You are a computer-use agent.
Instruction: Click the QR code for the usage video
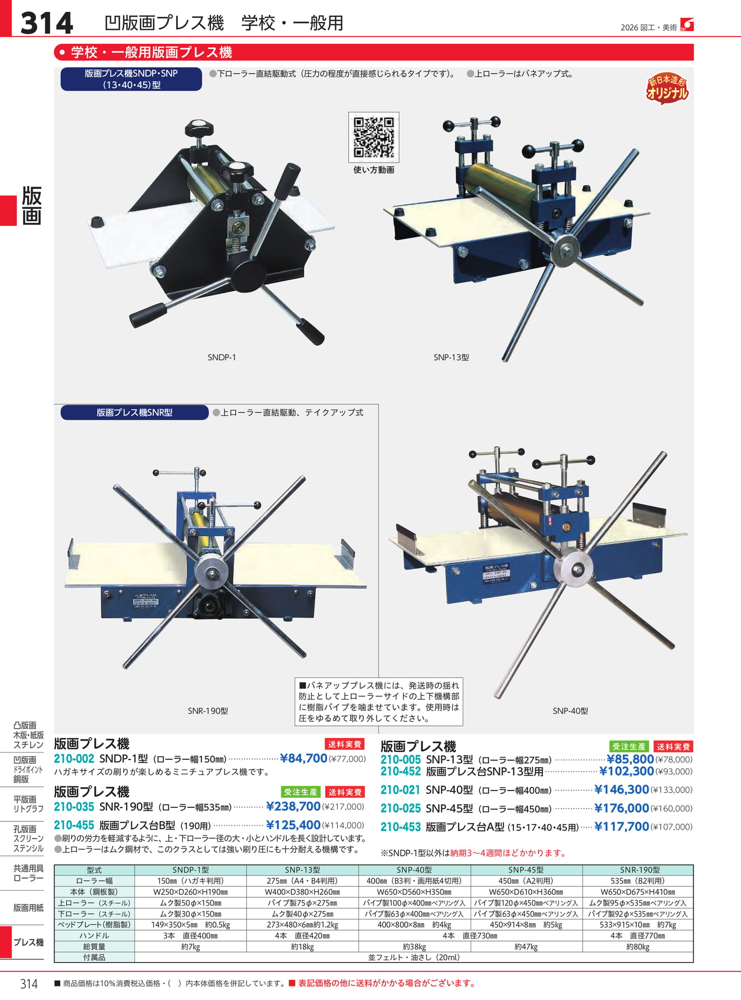[374, 137]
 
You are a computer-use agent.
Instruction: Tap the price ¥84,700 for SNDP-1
[303, 758]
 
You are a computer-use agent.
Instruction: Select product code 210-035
[74, 807]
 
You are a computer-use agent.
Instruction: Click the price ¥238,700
[293, 807]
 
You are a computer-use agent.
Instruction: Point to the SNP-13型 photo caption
[451, 357]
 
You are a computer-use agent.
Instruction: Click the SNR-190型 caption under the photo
[208, 711]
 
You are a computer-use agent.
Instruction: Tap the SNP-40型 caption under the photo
[570, 711]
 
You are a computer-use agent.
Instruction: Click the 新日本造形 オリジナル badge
[667, 89]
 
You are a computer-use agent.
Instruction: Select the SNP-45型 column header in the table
[526, 870]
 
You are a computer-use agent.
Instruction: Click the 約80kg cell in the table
[638, 947]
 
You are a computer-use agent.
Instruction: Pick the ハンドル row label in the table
[94, 935]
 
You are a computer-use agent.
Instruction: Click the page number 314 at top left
[46, 23]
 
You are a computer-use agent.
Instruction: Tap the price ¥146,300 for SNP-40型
[622, 790]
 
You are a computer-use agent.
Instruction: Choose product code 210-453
[400, 827]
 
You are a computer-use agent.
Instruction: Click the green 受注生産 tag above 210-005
[629, 747]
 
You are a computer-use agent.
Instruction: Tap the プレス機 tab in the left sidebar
[29, 942]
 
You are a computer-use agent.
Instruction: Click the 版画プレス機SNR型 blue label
[134, 413]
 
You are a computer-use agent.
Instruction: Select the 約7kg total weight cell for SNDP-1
[191, 947]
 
